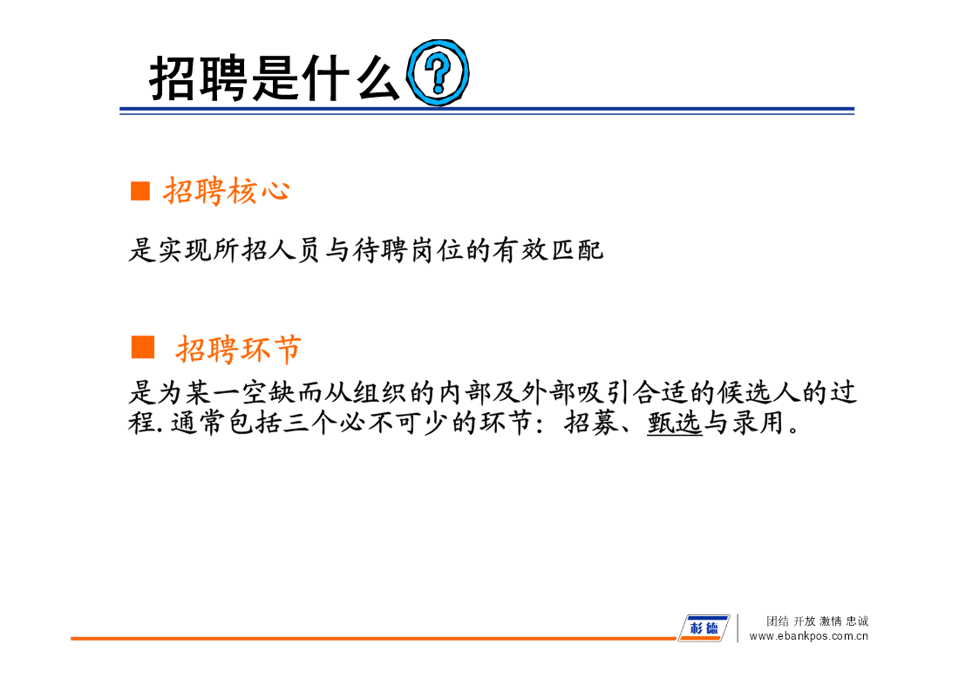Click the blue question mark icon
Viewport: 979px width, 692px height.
click(438, 71)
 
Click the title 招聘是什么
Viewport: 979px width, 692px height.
click(274, 78)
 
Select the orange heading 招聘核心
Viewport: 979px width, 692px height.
click(227, 190)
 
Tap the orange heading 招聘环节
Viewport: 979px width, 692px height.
click(239, 349)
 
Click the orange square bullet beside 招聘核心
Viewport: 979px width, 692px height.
click(139, 191)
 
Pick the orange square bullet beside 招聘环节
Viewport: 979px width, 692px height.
click(143, 347)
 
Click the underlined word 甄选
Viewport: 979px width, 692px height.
click(675, 423)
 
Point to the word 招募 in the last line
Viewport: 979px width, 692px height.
click(591, 423)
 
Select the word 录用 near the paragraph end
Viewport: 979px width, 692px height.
click(758, 423)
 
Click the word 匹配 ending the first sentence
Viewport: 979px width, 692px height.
click(575, 250)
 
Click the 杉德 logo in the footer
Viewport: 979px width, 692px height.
click(704, 628)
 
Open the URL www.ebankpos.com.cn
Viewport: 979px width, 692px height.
click(808, 636)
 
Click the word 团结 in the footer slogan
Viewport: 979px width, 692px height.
click(778, 621)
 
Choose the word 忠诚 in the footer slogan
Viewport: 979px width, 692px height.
click(857, 621)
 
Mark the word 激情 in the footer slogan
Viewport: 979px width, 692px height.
click(831, 621)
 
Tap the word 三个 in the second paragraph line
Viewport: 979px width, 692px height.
click(310, 423)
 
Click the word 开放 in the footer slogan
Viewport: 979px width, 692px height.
click(804, 621)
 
